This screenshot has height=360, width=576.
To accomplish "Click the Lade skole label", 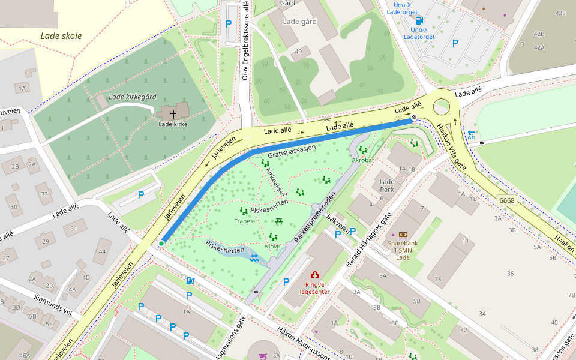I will click(61, 36).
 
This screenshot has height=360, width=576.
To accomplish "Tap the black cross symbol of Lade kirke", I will click(173, 113).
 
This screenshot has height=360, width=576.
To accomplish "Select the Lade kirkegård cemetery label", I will click(133, 97).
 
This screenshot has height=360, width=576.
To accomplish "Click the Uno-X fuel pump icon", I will click(419, 20).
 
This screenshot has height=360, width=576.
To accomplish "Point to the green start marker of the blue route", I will click(161, 243).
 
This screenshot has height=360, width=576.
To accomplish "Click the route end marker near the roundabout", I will click(414, 117).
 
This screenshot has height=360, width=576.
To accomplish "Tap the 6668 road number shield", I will click(506, 200).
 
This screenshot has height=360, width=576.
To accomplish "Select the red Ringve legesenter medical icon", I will click(315, 275).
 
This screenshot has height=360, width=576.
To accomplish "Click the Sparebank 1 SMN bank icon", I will click(403, 235).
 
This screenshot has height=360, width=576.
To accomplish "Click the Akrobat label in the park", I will click(363, 160).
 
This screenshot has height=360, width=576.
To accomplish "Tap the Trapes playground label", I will click(244, 221).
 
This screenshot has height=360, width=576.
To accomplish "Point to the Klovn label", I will click(272, 246).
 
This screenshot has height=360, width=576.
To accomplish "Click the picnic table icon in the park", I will click(279, 221).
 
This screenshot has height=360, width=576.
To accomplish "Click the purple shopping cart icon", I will click(263, 356).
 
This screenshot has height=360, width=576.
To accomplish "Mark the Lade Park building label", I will click(387, 185).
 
